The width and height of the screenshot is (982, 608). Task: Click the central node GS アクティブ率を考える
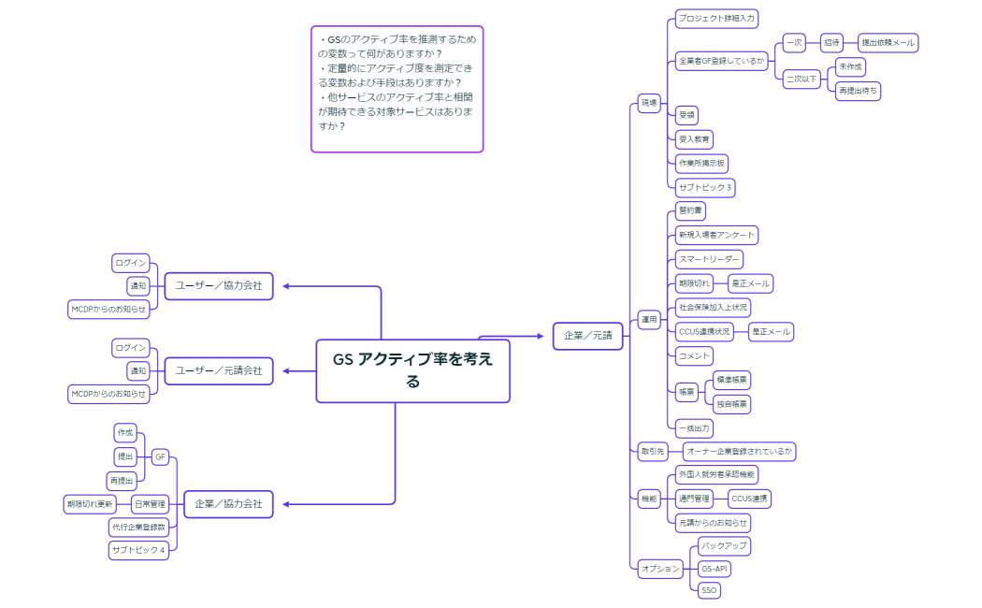[412, 370]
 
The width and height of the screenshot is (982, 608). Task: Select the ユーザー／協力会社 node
[219, 285]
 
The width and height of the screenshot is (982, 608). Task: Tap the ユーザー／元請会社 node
[219, 370]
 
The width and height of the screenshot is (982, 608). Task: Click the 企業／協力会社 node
[228, 504]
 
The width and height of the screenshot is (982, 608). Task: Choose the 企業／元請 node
[587, 336]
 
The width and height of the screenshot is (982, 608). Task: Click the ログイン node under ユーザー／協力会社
[131, 262]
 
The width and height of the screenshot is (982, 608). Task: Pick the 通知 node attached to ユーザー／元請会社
[138, 370]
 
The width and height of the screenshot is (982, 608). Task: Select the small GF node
[161, 456]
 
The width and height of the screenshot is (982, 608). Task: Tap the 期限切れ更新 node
[90, 504]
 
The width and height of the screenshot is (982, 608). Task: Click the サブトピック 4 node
[138, 550]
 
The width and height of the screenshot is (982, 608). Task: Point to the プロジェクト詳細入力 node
[716, 18]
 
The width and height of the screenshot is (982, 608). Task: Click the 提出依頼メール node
[888, 43]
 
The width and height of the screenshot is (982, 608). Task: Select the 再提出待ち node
[859, 91]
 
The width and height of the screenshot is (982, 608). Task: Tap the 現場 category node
[648, 102]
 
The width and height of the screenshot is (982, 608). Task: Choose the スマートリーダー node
[710, 258]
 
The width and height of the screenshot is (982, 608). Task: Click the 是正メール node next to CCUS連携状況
[771, 331]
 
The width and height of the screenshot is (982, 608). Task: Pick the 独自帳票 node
[731, 404]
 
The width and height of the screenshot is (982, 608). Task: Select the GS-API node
[715, 568]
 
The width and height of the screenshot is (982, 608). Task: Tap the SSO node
[709, 590]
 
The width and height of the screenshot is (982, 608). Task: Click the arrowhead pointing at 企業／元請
[544, 336]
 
